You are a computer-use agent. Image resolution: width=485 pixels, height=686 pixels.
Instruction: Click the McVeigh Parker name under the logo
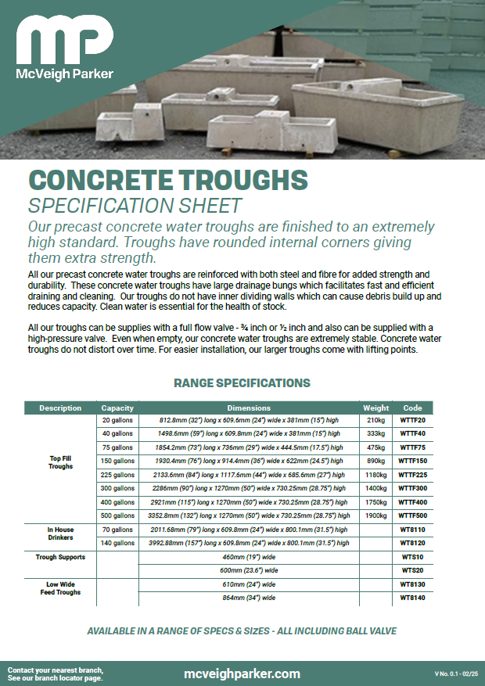tap(65, 74)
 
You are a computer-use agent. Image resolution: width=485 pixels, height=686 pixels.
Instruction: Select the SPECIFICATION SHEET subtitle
tap(135, 206)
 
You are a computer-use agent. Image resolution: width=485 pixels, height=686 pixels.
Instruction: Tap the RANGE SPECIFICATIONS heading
tap(242, 383)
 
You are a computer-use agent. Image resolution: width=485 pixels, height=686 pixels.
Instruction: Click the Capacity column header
tap(117, 408)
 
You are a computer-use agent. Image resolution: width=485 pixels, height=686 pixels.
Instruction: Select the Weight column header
tap(375, 408)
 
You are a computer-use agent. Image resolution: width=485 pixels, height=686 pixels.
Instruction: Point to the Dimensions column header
tap(249, 408)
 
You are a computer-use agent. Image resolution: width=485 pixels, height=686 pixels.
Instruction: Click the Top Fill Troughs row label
tap(60, 462)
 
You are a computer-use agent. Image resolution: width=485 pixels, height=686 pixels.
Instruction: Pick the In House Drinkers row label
tap(60, 533)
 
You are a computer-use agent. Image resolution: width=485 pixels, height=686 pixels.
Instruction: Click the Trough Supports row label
tap(60, 557)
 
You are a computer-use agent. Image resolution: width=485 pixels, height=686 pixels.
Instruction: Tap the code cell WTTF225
tap(412, 475)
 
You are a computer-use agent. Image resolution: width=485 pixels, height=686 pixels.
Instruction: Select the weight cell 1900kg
tap(375, 516)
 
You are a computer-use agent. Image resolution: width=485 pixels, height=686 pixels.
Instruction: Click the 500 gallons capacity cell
tap(117, 516)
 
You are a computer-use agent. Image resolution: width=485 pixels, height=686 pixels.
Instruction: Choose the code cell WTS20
tap(412, 571)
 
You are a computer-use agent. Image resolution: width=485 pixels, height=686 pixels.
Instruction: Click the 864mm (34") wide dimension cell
tap(249, 598)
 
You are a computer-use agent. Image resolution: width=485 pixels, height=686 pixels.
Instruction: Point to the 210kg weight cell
tap(375, 420)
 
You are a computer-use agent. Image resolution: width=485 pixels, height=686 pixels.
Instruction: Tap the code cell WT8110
tap(412, 530)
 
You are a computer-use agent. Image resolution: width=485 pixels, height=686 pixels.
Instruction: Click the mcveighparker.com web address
tap(242, 673)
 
